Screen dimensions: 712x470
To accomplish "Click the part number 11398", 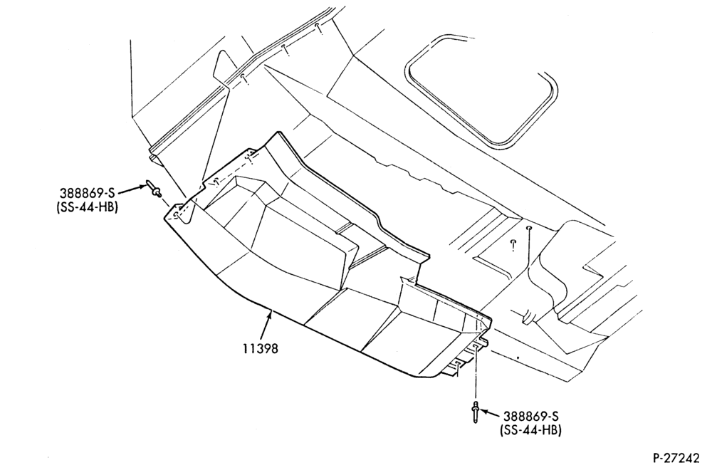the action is [260, 349].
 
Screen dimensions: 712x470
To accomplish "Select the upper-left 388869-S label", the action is [87, 192].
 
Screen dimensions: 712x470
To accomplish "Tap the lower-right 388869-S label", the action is [530, 416].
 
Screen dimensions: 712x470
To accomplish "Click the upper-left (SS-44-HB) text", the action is [87, 207].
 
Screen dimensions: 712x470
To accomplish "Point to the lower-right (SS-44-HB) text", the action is [530, 430].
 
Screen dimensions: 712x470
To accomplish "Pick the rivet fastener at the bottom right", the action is [476, 412].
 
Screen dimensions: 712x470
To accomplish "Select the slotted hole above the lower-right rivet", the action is [476, 347].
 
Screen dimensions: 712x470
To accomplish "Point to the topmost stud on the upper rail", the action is [319, 28].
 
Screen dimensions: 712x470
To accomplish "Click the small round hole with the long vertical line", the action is [529, 227].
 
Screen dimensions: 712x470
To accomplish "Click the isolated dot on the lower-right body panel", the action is [518, 358].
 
